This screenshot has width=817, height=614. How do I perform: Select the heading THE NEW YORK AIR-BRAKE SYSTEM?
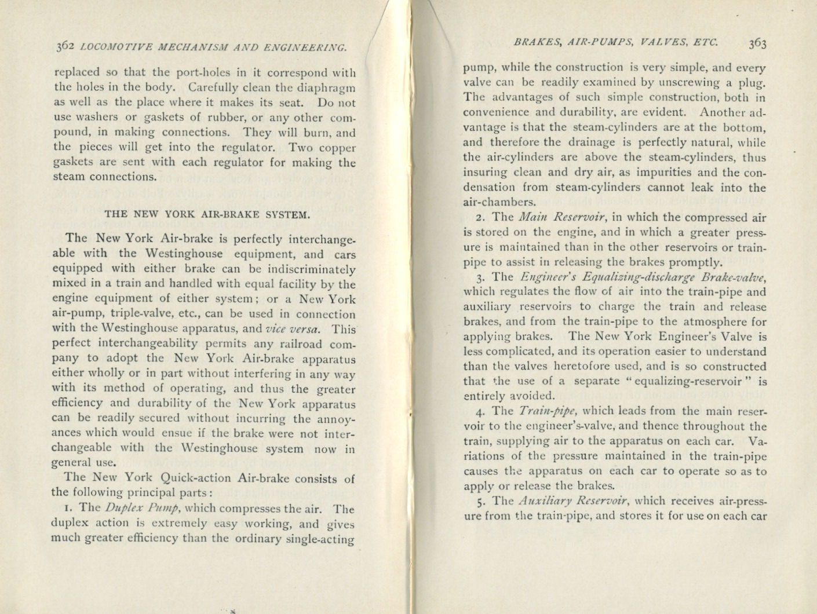[207, 214]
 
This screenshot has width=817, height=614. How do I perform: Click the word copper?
[336, 148]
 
